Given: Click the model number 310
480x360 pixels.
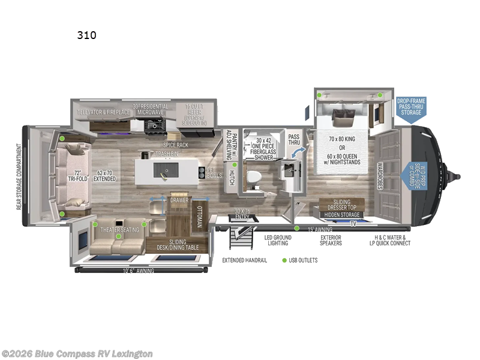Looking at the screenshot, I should pyautogui.click(x=86, y=35).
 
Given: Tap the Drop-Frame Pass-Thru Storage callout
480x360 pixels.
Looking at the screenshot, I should pyautogui.click(x=410, y=107).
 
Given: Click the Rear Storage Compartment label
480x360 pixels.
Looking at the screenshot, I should pyautogui.click(x=19, y=177).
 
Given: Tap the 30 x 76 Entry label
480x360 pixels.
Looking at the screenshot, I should pyautogui.click(x=242, y=212).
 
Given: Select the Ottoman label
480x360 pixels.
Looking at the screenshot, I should pyautogui.click(x=200, y=217).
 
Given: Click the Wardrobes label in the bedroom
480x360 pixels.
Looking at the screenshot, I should pyautogui.click(x=380, y=176).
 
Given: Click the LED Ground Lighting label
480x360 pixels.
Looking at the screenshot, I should pyautogui.click(x=278, y=241).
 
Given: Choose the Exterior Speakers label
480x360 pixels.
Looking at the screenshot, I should pyautogui.click(x=331, y=241).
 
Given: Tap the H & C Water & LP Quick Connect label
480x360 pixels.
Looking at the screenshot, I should pyautogui.click(x=389, y=241).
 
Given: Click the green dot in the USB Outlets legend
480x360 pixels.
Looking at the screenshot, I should pyautogui.click(x=284, y=260).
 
